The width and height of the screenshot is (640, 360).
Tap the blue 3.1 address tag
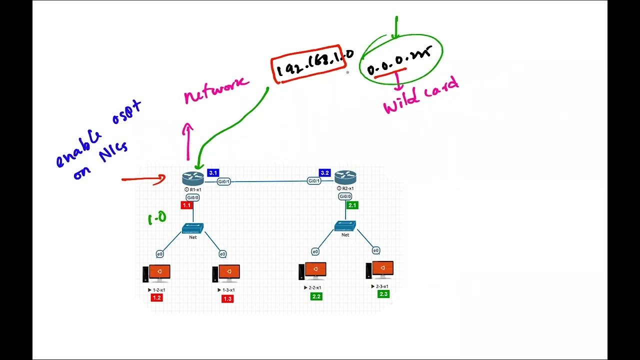(213, 173)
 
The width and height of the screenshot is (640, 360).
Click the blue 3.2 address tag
(324, 173)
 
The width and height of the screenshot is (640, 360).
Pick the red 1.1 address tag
(187, 205)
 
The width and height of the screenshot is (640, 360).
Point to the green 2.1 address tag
(352, 205)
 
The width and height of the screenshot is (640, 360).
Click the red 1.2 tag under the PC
(156, 298)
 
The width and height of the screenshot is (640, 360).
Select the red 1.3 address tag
(227, 298)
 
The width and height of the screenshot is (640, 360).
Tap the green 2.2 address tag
(316, 296)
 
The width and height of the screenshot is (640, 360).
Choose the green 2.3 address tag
(383, 294)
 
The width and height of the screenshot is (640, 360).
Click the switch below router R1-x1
(193, 228)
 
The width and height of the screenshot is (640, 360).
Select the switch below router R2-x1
(345, 226)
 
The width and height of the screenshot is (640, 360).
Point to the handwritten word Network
(216, 89)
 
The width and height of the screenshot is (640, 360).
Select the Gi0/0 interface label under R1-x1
(193, 197)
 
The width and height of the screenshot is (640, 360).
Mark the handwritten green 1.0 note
(156, 218)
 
